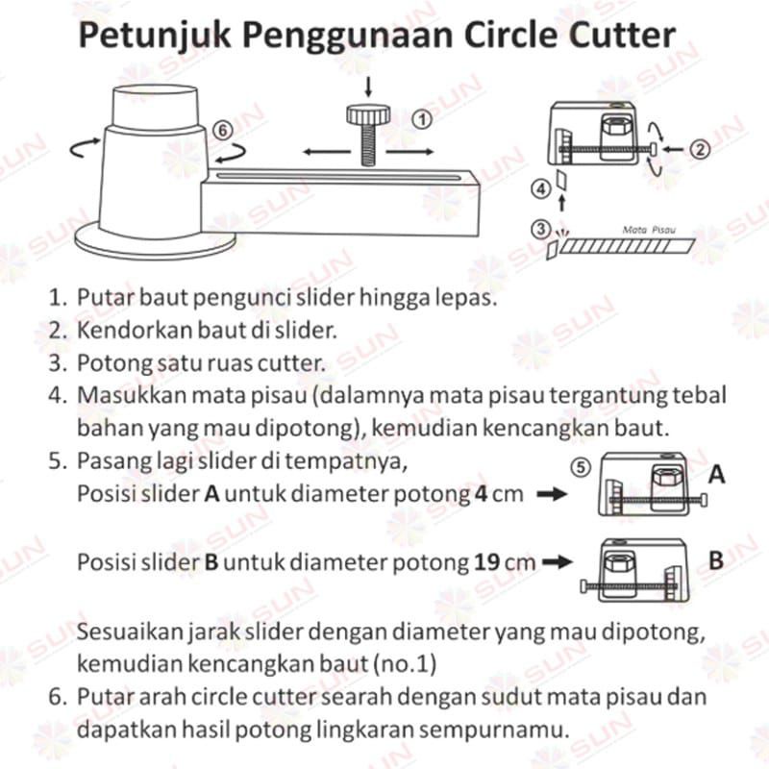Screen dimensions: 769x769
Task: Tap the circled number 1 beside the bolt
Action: point(420,119)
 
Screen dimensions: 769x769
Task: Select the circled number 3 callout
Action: point(541,230)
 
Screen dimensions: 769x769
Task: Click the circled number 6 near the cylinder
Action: point(221,129)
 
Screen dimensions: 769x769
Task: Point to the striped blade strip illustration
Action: point(625,247)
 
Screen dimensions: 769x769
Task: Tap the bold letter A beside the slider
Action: point(717,475)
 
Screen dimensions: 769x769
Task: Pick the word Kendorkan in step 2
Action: point(120,332)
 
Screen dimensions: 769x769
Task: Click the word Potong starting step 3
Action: point(107,363)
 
